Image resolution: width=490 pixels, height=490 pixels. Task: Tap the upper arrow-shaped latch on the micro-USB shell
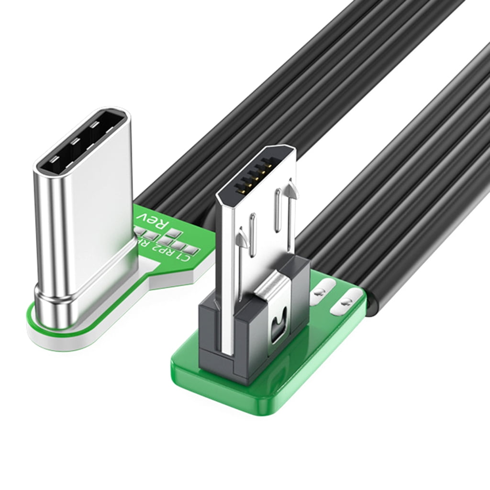tap(291, 187)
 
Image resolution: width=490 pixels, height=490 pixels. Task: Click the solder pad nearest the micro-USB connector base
tap(319, 290)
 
